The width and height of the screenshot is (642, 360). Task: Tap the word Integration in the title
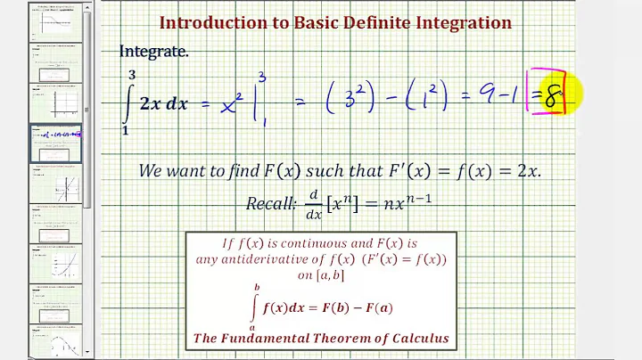coord(465,22)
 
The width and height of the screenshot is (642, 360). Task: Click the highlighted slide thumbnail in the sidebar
coord(56,143)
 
